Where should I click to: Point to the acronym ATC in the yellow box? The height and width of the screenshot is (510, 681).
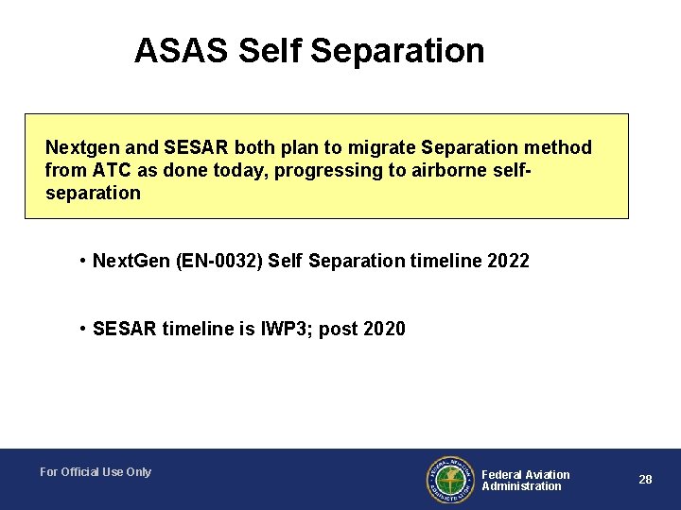click(107, 171)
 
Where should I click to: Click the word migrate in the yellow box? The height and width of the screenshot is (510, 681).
click(376, 148)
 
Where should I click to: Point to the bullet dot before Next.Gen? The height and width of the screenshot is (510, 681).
click(84, 260)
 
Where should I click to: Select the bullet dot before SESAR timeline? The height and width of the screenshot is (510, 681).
click(84, 329)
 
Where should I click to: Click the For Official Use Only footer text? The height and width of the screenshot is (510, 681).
click(96, 472)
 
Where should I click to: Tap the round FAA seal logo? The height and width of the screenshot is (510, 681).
click(450, 480)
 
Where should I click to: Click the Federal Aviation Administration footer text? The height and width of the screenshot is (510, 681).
click(526, 480)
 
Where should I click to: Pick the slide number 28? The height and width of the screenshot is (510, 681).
click(645, 480)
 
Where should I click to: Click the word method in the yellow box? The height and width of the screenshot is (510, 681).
click(560, 148)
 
